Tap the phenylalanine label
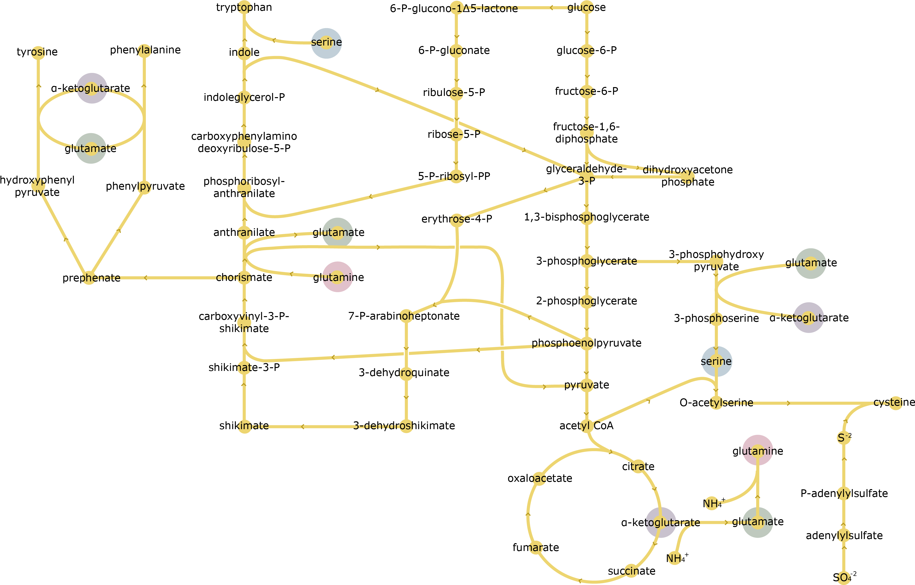coord(145,50)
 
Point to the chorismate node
coord(244,278)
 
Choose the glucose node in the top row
coord(587,7)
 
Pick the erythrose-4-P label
coord(456,219)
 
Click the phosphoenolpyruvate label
coord(586,343)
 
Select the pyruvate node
coord(587,385)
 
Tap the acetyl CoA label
coord(586,425)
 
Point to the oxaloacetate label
coord(540,478)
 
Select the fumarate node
coord(536,547)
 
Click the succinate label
coord(632,571)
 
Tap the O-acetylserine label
coord(716,403)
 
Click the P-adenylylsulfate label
coord(844,493)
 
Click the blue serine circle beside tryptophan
coord(326,43)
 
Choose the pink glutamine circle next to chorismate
coord(338,277)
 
